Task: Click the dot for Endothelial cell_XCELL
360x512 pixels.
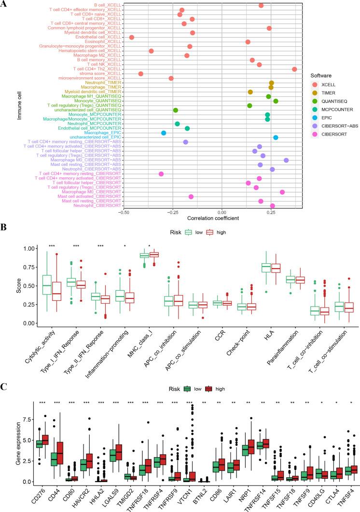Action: tap(131, 37)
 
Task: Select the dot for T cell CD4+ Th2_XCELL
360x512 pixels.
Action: tap(294, 69)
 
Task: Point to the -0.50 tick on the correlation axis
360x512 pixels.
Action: tap(124, 212)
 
